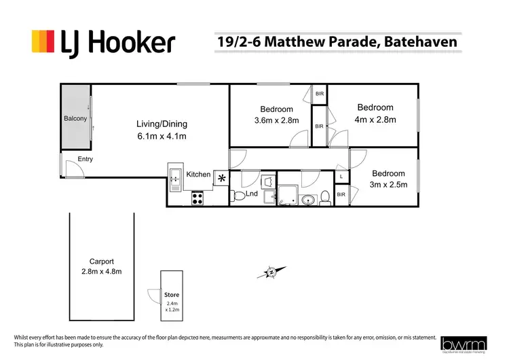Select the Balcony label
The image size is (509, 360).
(75, 119)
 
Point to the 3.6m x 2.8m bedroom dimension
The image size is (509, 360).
(276, 121)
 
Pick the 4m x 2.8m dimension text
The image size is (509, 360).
(375, 120)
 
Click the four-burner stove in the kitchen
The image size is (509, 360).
(198, 199)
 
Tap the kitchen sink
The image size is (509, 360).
(174, 178)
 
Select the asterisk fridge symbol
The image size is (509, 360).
(221, 178)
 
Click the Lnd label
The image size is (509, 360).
(251, 194)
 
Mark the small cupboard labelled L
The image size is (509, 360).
(341, 177)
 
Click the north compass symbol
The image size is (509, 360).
(271, 272)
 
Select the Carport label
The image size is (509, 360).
(102, 262)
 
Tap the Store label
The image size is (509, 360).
(171, 295)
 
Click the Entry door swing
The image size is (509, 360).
(72, 168)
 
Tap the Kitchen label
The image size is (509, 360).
(199, 175)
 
